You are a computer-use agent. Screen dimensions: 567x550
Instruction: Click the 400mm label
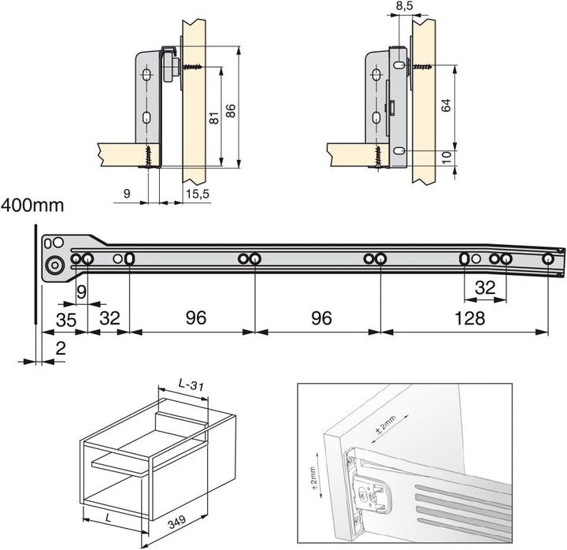(x=32, y=206)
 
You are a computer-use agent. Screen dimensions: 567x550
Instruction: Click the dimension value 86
(x=230, y=111)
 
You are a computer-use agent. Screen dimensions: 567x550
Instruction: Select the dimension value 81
(x=214, y=118)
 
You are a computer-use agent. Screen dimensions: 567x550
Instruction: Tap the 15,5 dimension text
(x=198, y=194)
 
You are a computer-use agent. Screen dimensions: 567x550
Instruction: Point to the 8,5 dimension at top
(x=404, y=6)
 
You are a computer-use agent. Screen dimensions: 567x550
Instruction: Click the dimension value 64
(x=447, y=106)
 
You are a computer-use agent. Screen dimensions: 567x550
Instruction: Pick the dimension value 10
(x=447, y=158)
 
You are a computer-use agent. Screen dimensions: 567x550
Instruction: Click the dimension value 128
(x=469, y=318)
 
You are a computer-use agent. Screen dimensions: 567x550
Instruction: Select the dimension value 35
(x=66, y=320)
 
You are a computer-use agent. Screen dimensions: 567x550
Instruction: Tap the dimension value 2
(x=61, y=348)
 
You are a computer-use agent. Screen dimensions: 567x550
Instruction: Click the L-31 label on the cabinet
(x=191, y=385)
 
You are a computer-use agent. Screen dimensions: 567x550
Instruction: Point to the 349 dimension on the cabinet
(x=177, y=522)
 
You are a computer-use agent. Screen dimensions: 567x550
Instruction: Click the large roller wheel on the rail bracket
(x=54, y=266)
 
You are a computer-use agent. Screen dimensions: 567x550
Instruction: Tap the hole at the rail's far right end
(x=548, y=258)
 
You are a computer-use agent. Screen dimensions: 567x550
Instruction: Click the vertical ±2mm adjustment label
(x=313, y=478)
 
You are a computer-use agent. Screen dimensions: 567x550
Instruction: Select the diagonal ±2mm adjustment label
(x=385, y=426)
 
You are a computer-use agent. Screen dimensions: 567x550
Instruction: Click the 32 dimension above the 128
(x=485, y=288)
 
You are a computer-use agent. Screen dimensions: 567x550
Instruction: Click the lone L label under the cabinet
(x=109, y=518)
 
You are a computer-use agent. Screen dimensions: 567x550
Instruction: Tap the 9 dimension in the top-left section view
(x=127, y=194)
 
